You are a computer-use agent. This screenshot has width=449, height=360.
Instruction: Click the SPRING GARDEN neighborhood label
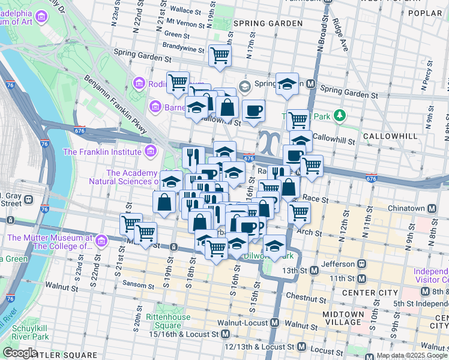tap(268, 23)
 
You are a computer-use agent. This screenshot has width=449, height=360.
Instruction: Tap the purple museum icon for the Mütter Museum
tap(101, 241)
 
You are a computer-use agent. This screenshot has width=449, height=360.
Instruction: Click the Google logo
tap(20, 353)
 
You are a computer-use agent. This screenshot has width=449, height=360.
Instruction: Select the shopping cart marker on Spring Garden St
tap(220, 56)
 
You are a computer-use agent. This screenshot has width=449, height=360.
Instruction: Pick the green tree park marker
tap(340, 114)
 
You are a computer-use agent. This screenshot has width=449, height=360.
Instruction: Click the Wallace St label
tap(185, 10)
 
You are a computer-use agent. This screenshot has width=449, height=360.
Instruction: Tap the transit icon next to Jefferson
tap(362, 263)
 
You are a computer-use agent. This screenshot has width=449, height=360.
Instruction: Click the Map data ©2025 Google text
tap(412, 355)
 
